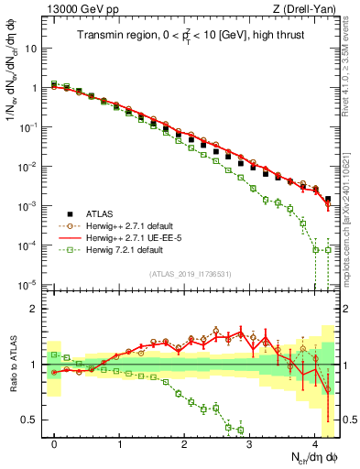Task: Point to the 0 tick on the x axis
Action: [55, 444]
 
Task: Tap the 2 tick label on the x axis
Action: [185, 444]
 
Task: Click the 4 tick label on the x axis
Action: [315, 444]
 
